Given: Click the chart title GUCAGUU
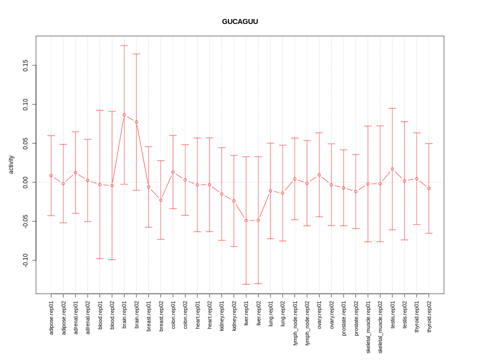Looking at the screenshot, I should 240,21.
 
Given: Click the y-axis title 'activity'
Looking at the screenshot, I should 11,164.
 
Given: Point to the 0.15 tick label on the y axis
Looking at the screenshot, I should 25,65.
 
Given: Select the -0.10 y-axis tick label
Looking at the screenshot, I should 25,260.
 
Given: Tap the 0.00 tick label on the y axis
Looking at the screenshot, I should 25,182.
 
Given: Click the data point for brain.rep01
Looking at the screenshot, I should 124,115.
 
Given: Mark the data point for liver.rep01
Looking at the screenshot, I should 246,220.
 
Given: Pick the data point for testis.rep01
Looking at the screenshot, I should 392,169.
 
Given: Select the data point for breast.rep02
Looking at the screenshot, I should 161,200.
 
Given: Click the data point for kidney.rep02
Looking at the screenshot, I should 234,201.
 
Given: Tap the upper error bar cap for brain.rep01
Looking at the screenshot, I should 124,45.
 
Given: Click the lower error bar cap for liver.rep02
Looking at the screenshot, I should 258,283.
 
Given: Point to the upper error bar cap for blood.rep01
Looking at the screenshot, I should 100,110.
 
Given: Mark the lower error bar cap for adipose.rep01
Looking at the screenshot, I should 51,215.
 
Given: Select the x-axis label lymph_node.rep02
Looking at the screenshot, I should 307,323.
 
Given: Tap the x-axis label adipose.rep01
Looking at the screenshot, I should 51,317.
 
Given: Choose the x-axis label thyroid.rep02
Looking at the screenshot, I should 429,317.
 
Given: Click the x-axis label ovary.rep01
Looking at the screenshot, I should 319,314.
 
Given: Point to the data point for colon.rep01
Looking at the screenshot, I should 173,172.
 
